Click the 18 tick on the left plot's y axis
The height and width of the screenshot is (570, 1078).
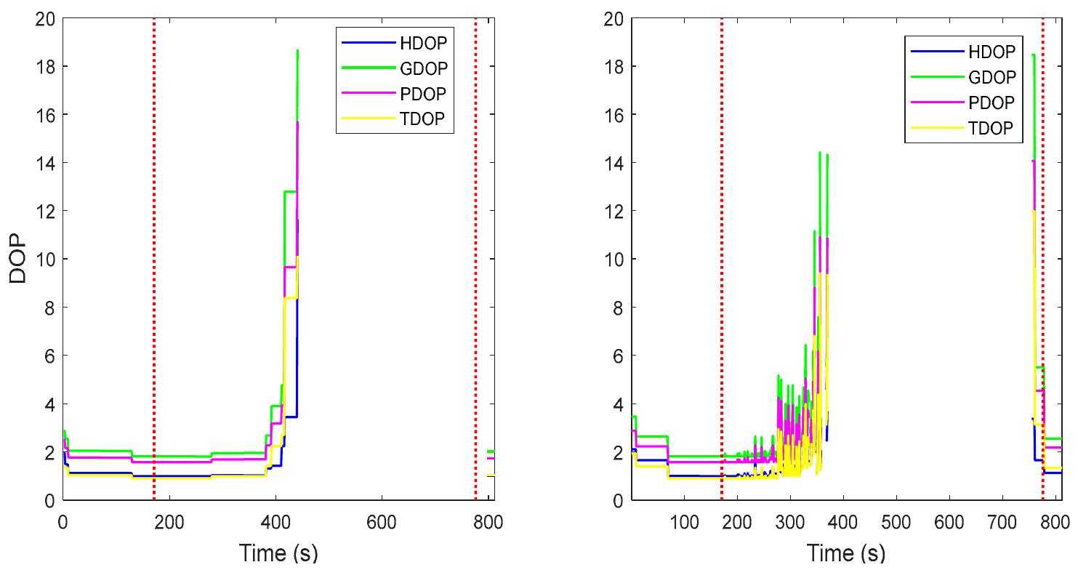[45, 67]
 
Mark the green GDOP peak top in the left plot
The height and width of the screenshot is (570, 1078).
[298, 51]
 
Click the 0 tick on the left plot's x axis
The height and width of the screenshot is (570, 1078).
[63, 522]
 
